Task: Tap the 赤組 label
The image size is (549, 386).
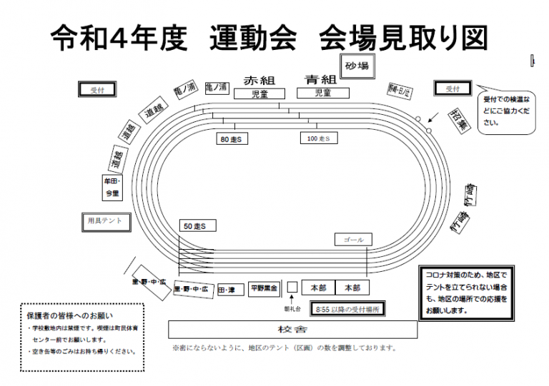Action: [259, 80]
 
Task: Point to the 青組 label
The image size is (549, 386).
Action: [320, 80]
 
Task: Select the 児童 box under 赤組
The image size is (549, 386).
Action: [259, 93]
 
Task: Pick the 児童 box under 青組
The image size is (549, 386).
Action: [322, 93]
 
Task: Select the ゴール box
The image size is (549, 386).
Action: [354, 239]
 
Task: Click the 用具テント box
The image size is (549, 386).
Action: [106, 221]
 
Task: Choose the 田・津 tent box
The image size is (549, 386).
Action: [227, 290]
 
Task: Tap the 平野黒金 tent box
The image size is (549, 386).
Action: [264, 289]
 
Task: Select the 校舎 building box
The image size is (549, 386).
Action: [292, 329]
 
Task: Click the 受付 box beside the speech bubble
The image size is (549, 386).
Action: [453, 88]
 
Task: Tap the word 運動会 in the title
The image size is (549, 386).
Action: [253, 37]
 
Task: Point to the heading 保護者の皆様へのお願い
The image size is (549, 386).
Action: [69, 315]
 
